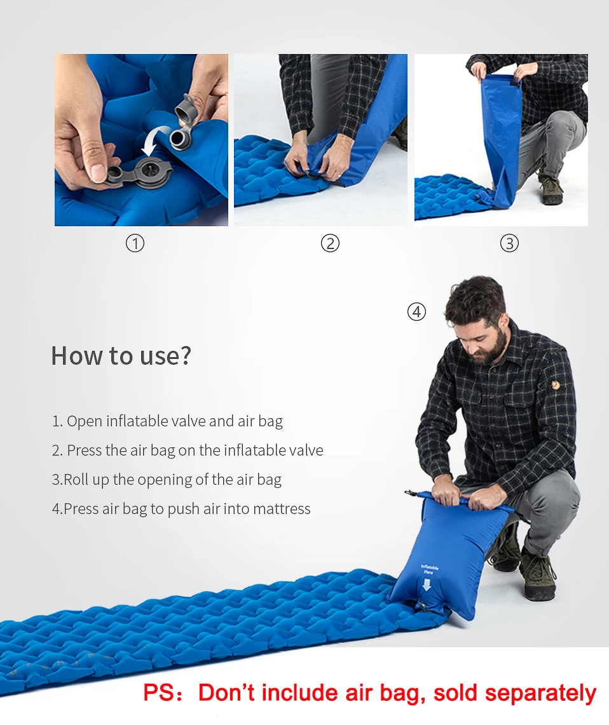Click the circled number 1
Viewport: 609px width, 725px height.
[135, 243]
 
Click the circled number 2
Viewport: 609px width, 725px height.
[330, 243]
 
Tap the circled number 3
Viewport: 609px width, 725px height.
[509, 243]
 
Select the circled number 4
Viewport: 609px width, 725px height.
[416, 312]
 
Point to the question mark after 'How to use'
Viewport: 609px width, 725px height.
[185, 356]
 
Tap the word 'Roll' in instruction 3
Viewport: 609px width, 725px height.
[76, 480]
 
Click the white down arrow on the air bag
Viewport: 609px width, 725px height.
[426, 584]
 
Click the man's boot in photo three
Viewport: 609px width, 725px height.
[551, 189]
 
